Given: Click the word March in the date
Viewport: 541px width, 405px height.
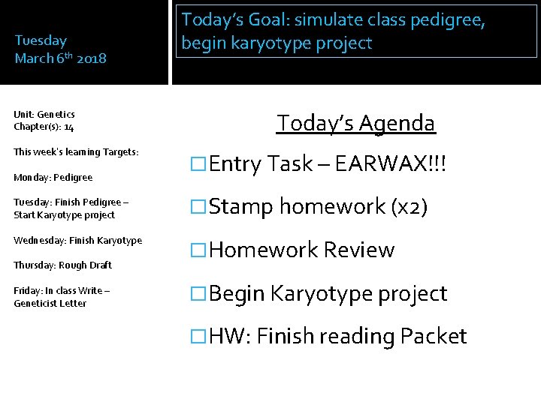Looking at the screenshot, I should point(35,58).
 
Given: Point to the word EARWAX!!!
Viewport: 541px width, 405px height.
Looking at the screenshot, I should point(397,163).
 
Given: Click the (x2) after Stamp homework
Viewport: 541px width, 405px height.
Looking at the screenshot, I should point(409,207).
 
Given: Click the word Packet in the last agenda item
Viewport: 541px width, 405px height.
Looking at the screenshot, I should point(434,336).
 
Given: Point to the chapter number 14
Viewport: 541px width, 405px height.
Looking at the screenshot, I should point(68,127).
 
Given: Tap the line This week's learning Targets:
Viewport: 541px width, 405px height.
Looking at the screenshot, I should point(76,151).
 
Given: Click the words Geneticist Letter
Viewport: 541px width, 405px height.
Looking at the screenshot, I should point(50,303).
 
